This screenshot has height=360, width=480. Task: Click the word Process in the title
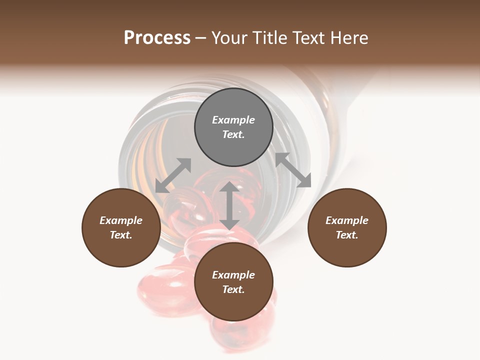pyautogui.click(x=157, y=38)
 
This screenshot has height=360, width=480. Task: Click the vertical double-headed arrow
pyautogui.click(x=229, y=206)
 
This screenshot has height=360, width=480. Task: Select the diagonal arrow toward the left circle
pyautogui.click(x=173, y=175)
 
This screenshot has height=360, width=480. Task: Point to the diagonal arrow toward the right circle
pyautogui.click(x=293, y=170)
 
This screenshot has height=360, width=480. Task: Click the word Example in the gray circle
pyautogui.click(x=233, y=120)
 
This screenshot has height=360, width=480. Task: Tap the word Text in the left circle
pyautogui.click(x=121, y=235)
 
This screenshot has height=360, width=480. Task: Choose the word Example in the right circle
pyautogui.click(x=347, y=220)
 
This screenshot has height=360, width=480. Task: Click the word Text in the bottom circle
pyautogui.click(x=233, y=289)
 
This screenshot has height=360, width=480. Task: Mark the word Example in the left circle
pyautogui.click(x=121, y=220)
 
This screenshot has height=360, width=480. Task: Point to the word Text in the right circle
pyautogui.click(x=347, y=235)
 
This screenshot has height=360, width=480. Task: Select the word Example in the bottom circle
pyautogui.click(x=233, y=275)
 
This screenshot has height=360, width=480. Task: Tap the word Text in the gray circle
pyautogui.click(x=233, y=134)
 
